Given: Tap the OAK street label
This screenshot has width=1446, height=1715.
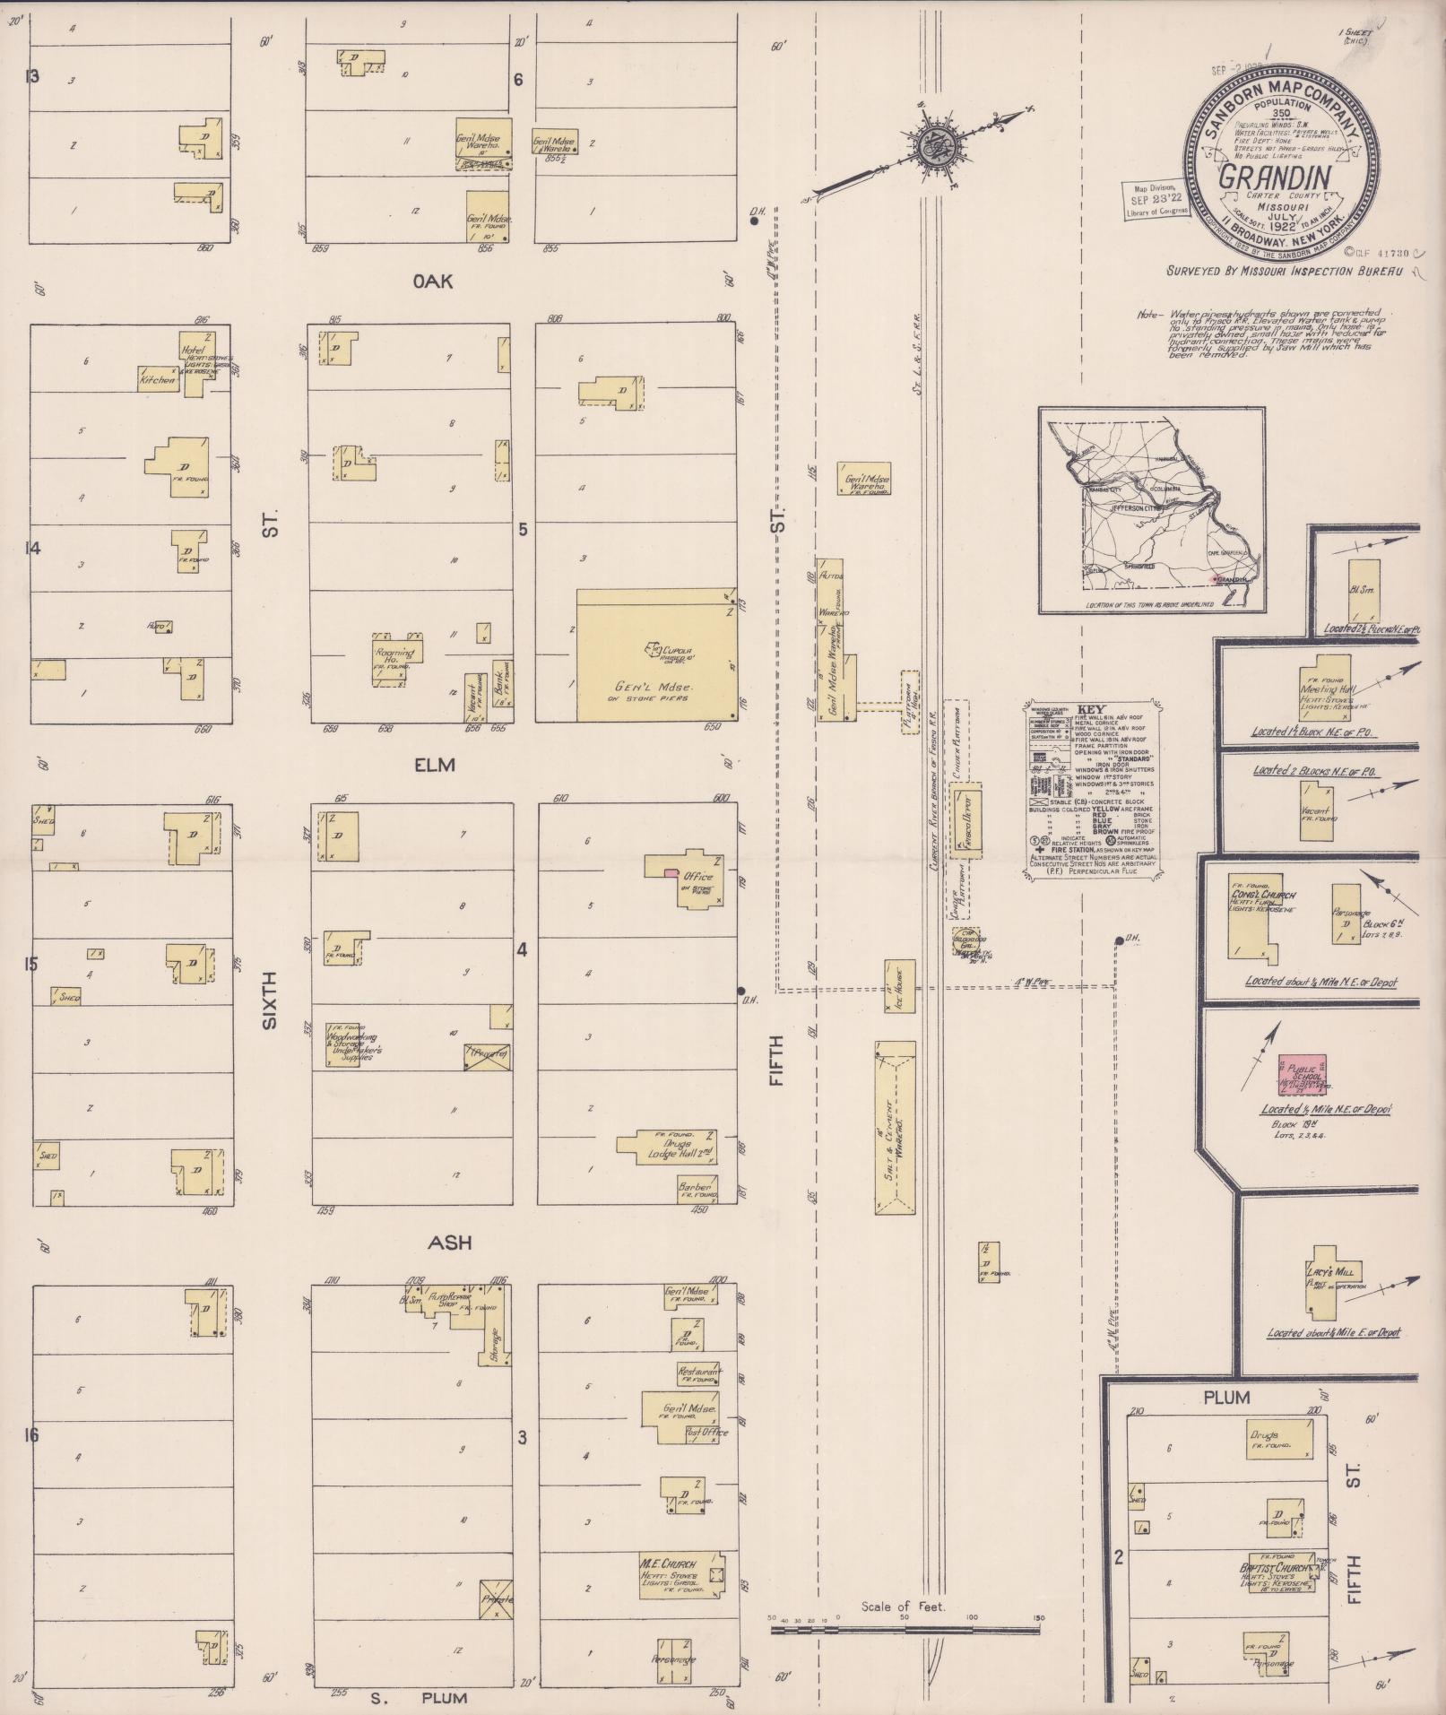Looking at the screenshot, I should [433, 282].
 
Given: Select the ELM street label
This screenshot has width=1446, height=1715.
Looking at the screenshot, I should [435, 765].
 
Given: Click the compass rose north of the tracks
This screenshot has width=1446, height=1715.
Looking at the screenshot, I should [936, 143].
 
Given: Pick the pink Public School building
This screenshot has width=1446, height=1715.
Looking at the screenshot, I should [1302, 1075].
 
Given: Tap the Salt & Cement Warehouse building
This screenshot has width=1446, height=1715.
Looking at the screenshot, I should [895, 1128].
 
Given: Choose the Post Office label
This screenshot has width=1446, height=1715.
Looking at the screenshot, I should [706, 1432].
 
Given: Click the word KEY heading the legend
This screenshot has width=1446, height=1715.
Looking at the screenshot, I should [1091, 709].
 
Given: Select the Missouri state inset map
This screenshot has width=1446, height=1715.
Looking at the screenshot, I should [1152, 510].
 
